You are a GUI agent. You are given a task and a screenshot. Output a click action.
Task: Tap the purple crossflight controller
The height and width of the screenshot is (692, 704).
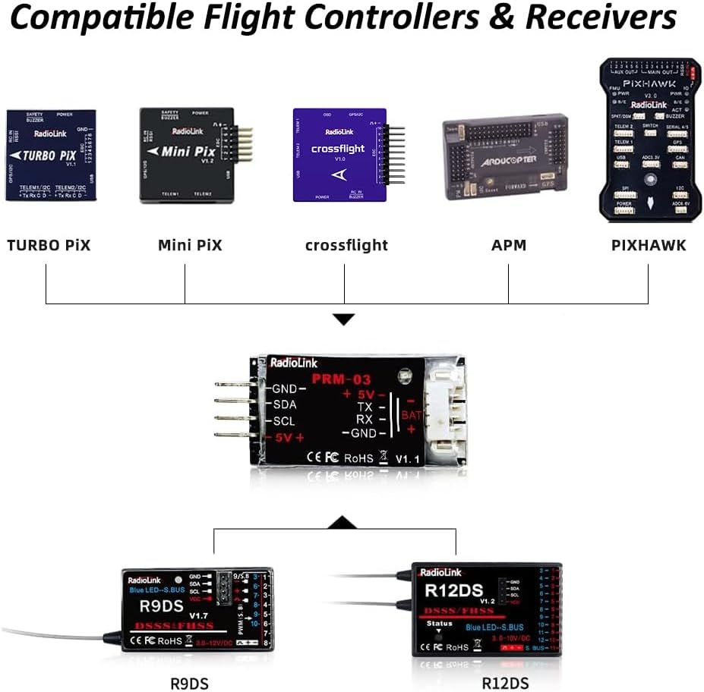[x=340, y=155]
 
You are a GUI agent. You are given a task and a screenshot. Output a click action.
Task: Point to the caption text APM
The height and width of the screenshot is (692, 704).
[x=508, y=245]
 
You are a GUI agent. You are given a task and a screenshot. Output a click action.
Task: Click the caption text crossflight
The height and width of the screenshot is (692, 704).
[x=346, y=245]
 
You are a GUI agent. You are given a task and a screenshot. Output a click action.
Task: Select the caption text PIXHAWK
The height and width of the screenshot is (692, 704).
[x=649, y=245]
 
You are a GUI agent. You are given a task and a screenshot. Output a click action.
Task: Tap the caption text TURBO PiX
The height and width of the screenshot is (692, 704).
[x=49, y=245]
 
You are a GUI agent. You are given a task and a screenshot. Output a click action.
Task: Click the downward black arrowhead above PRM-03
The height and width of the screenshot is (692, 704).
[x=344, y=319]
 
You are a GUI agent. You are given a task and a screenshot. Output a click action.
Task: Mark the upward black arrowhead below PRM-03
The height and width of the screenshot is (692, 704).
[x=344, y=523]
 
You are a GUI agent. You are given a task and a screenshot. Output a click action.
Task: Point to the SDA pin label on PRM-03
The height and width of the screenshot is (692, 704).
[x=284, y=405]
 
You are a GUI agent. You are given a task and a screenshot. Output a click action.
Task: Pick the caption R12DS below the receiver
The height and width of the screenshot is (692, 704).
[x=505, y=683]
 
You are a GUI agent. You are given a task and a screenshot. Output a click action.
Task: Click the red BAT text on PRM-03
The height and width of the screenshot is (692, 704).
[x=411, y=415]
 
